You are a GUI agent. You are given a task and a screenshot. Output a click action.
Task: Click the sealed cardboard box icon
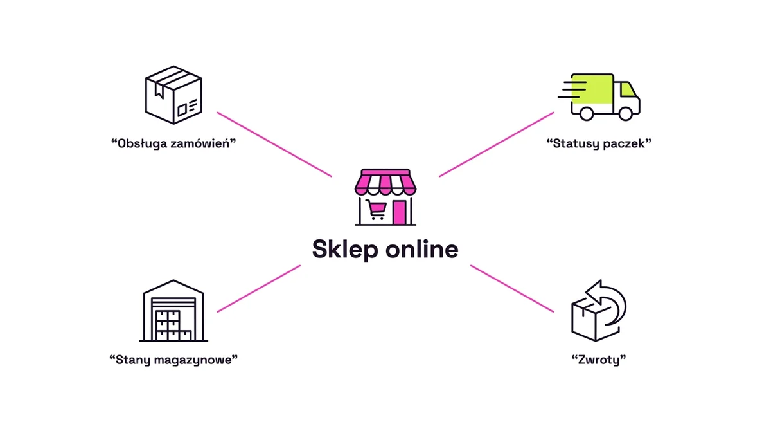tap(173, 95)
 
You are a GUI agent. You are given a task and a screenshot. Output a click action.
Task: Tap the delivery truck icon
tap(599, 96)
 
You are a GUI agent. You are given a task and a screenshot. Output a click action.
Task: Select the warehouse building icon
tap(173, 311)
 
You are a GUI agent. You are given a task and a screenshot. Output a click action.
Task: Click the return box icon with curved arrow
tap(598, 311)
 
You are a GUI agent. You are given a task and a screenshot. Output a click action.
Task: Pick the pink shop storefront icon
tap(385, 197)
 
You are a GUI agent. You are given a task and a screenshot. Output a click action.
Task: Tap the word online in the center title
tap(422, 249)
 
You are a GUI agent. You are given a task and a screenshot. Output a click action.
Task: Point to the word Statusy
tap(576, 143)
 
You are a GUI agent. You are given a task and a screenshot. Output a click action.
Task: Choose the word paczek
tap(624, 143)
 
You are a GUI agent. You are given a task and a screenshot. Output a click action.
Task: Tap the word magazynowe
tap(193, 360)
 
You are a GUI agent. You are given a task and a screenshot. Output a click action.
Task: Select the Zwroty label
tap(599, 360)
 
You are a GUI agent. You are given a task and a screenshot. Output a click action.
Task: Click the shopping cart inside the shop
tap(376, 210)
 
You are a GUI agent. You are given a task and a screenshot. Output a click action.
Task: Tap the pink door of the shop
tap(399, 212)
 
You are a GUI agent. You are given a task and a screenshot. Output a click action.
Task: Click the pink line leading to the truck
tap(497, 144)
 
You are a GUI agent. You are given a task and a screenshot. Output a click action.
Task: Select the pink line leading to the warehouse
tap(259, 289)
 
